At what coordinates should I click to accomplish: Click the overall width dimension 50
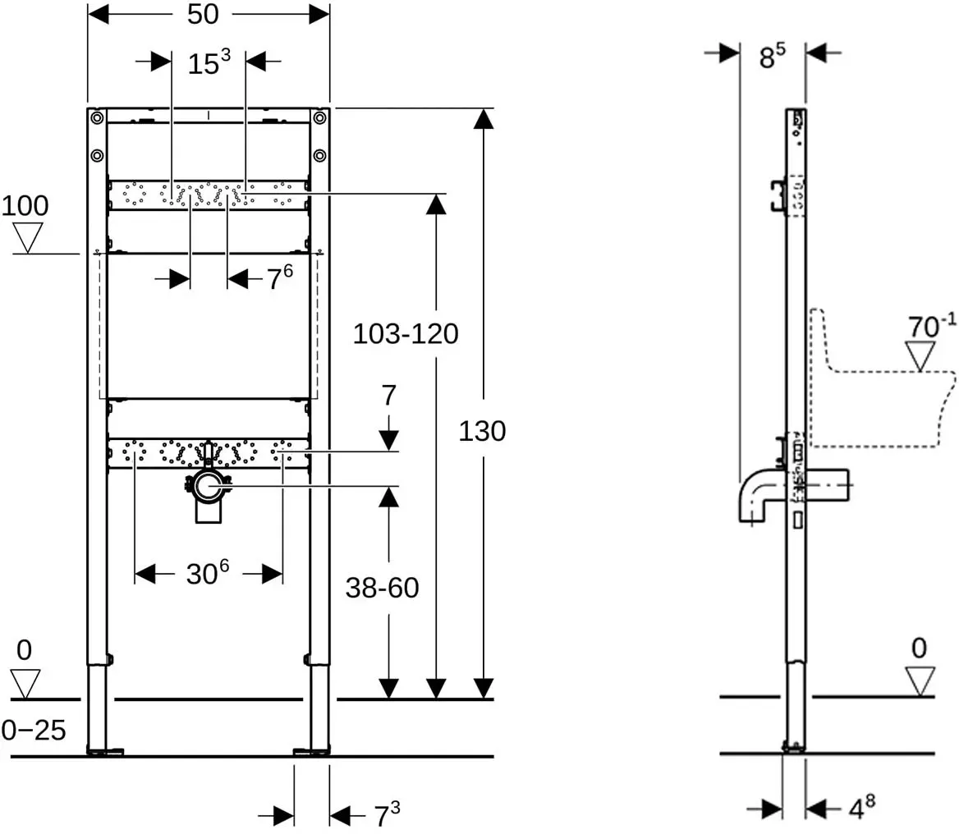pos(203,14)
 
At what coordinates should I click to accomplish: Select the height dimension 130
pos(482,432)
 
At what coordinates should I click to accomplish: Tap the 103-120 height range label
pos(406,334)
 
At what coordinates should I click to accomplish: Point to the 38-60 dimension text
pos(383,589)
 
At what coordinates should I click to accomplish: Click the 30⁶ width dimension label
pos(208,574)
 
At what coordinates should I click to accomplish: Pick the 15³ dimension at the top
pos(209,62)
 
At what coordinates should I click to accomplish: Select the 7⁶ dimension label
pos(280,278)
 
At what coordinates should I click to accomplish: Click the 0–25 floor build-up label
pos(34,730)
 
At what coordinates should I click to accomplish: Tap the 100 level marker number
pos(25,206)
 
